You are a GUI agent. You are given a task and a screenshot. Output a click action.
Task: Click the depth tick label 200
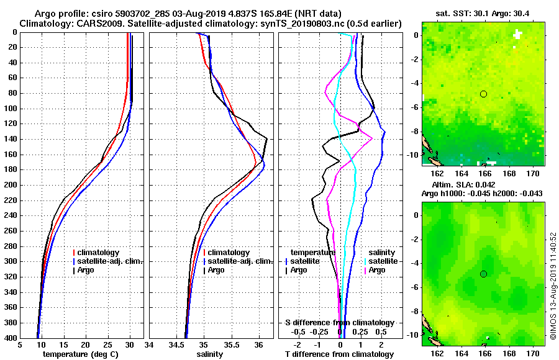coord(11,185)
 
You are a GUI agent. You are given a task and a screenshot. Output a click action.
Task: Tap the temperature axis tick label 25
coord(107,344)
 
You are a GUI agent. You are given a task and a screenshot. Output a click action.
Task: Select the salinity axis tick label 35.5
coord(231,344)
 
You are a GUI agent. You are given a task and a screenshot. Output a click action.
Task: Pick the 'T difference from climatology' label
coord(339,354)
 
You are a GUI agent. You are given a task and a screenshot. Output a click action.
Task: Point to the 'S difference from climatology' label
coord(339,323)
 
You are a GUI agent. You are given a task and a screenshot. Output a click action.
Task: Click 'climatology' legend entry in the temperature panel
coord(101,253)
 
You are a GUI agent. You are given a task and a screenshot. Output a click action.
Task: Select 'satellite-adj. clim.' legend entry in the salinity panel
coord(239,261)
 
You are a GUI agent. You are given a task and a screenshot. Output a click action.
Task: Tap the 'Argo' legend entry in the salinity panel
coord(216,270)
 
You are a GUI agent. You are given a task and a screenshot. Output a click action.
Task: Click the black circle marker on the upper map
coord(483,94)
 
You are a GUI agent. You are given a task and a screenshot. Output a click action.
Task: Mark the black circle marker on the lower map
coord(483,274)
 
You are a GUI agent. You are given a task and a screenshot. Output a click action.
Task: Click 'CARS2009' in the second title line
coord(89,24)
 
